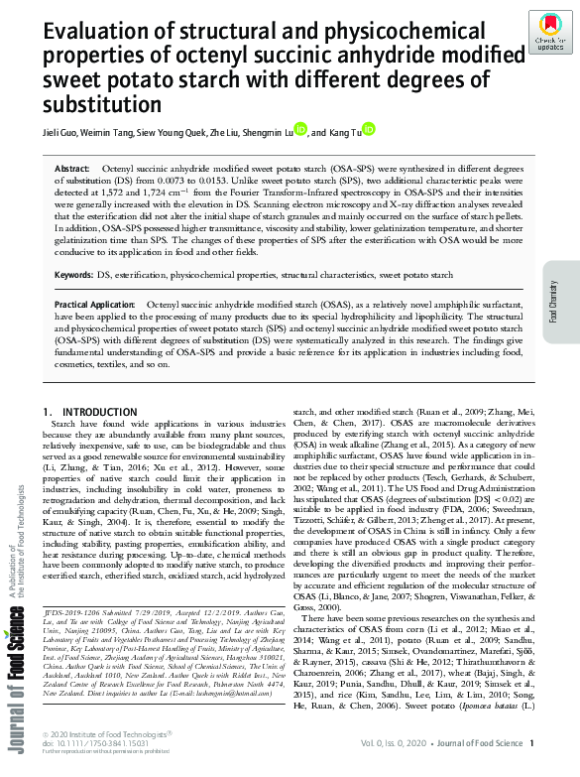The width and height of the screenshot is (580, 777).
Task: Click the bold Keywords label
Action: coord(74,273)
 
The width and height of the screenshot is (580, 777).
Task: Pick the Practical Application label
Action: coord(94,304)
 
